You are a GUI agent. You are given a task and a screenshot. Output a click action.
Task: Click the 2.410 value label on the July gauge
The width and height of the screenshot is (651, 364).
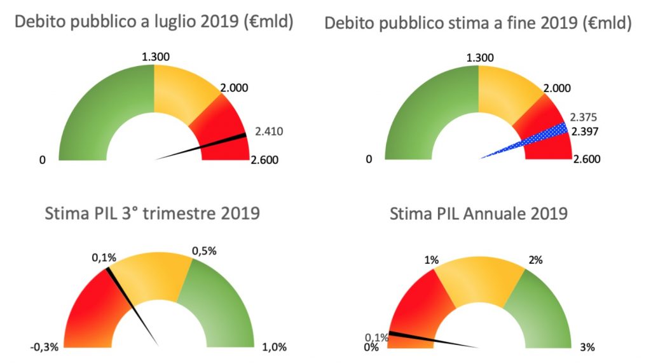click(268, 131)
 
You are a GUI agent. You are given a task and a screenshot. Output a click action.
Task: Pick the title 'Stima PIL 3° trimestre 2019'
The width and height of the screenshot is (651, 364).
click(153, 212)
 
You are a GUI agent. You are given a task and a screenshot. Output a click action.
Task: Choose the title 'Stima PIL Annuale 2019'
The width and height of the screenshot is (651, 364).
click(478, 212)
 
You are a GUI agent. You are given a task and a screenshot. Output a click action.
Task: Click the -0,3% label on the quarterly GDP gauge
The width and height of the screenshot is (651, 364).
click(44, 347)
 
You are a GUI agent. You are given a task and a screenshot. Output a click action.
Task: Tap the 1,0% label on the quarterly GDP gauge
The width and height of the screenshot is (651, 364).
click(275, 347)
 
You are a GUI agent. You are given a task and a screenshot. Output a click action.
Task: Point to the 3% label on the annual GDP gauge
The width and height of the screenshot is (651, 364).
click(587, 347)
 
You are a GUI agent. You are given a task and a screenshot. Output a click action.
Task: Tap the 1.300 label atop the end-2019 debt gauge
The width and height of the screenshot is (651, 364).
click(480, 58)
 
